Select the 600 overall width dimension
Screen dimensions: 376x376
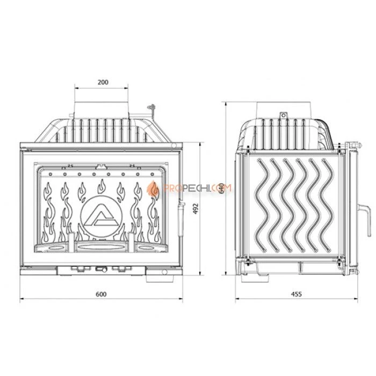102,294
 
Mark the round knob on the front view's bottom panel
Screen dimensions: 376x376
100,269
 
